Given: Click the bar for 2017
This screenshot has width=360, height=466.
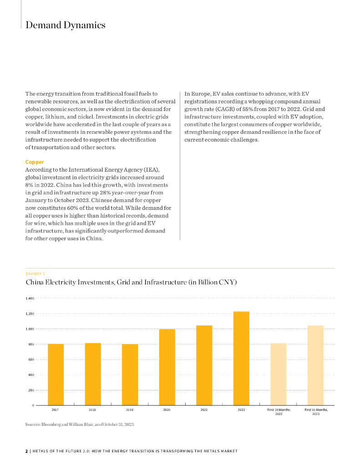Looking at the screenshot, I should click(56, 374).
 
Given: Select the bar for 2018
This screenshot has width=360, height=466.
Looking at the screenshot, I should click(93, 374).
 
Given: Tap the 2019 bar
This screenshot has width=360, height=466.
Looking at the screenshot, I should click(130, 374).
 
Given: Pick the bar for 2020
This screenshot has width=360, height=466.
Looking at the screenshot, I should click(167, 367).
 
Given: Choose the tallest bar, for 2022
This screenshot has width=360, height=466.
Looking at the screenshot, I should click(241, 358).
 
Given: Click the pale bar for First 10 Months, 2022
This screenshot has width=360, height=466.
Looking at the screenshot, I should click(279, 374).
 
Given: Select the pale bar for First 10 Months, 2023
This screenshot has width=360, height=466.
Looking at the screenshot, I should click(316, 365).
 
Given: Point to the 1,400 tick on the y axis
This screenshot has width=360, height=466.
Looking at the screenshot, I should click(30, 299).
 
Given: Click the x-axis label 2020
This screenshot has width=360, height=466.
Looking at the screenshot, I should click(167, 410).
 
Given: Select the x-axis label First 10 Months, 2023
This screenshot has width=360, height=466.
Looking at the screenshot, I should click(316, 412).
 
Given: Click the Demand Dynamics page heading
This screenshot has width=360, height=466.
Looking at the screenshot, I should click(66, 25).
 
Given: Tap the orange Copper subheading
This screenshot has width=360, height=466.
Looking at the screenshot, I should click(35, 162).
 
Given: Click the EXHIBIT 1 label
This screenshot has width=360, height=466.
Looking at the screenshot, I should click(35, 274).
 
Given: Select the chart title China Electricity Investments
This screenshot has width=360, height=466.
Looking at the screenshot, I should click(131, 283).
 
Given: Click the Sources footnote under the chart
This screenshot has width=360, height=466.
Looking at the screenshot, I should click(80, 425).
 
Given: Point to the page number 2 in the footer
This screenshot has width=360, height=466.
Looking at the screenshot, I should click(26, 451).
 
